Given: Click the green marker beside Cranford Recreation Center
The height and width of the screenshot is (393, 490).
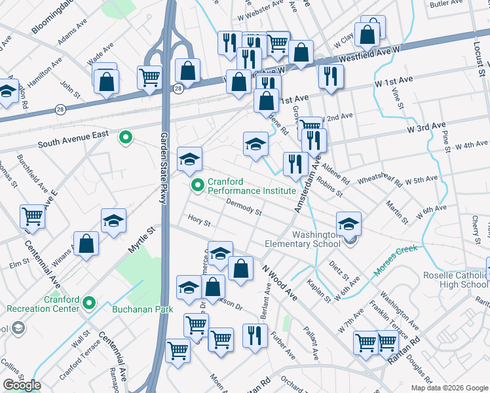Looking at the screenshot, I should [x=90, y=304].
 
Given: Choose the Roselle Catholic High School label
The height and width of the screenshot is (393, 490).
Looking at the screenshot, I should [x=455, y=280].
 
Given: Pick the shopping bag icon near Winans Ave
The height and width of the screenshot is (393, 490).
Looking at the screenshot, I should [x=86, y=245].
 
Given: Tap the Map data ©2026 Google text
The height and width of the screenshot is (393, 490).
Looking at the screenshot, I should [x=449, y=388].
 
